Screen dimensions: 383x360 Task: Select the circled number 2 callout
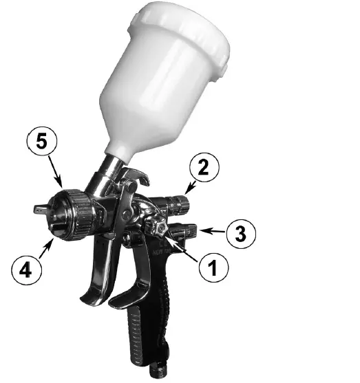(x=205, y=166)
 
